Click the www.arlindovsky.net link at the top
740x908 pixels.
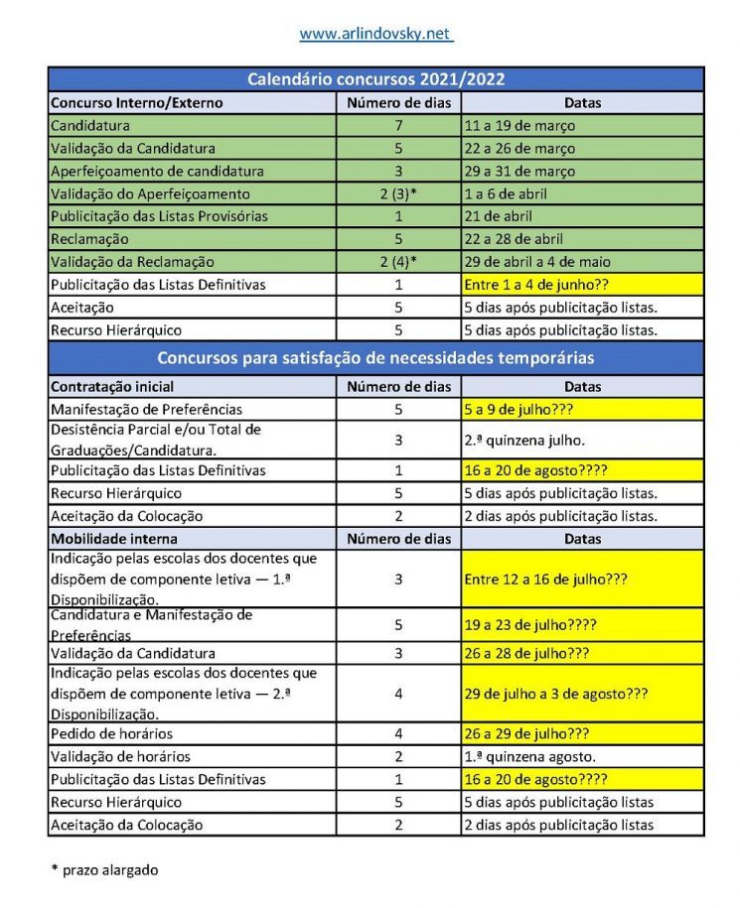(x=375, y=34)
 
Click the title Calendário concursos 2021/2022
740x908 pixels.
(x=375, y=79)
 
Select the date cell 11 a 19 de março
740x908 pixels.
(x=519, y=126)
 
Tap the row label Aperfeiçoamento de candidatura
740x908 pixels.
(x=157, y=172)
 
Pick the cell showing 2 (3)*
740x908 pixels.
(x=398, y=195)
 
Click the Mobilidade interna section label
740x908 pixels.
(x=113, y=539)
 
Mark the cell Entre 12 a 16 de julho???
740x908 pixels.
(x=545, y=579)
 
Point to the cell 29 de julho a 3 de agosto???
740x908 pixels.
(x=555, y=694)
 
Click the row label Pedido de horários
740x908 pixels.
(x=111, y=733)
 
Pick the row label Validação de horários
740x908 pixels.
(x=118, y=756)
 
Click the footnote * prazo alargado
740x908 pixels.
(x=104, y=869)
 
